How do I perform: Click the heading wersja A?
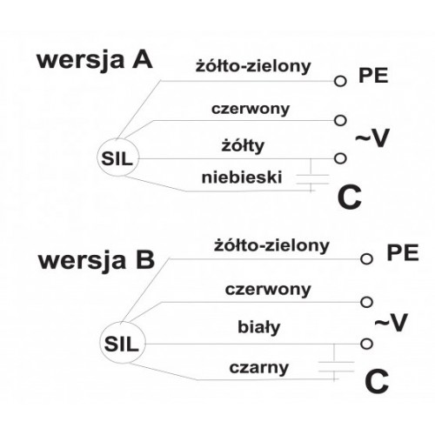(x=95, y=61)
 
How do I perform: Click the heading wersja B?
(x=97, y=260)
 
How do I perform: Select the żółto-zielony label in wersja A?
(x=253, y=66)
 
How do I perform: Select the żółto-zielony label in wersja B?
(x=271, y=246)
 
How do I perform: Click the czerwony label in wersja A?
(x=251, y=109)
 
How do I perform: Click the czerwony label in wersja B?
(x=268, y=290)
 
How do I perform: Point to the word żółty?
(x=243, y=145)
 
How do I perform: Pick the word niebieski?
(x=242, y=177)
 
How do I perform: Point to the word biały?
(x=259, y=327)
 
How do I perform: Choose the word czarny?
(x=259, y=368)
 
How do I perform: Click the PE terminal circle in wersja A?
(x=340, y=81)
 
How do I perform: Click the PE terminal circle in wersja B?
(x=366, y=258)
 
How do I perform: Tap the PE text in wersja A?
(x=373, y=76)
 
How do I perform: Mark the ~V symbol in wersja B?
(x=391, y=322)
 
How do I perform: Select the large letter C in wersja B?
(x=377, y=381)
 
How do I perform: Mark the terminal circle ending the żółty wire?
(x=340, y=158)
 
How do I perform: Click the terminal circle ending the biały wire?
(x=366, y=344)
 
